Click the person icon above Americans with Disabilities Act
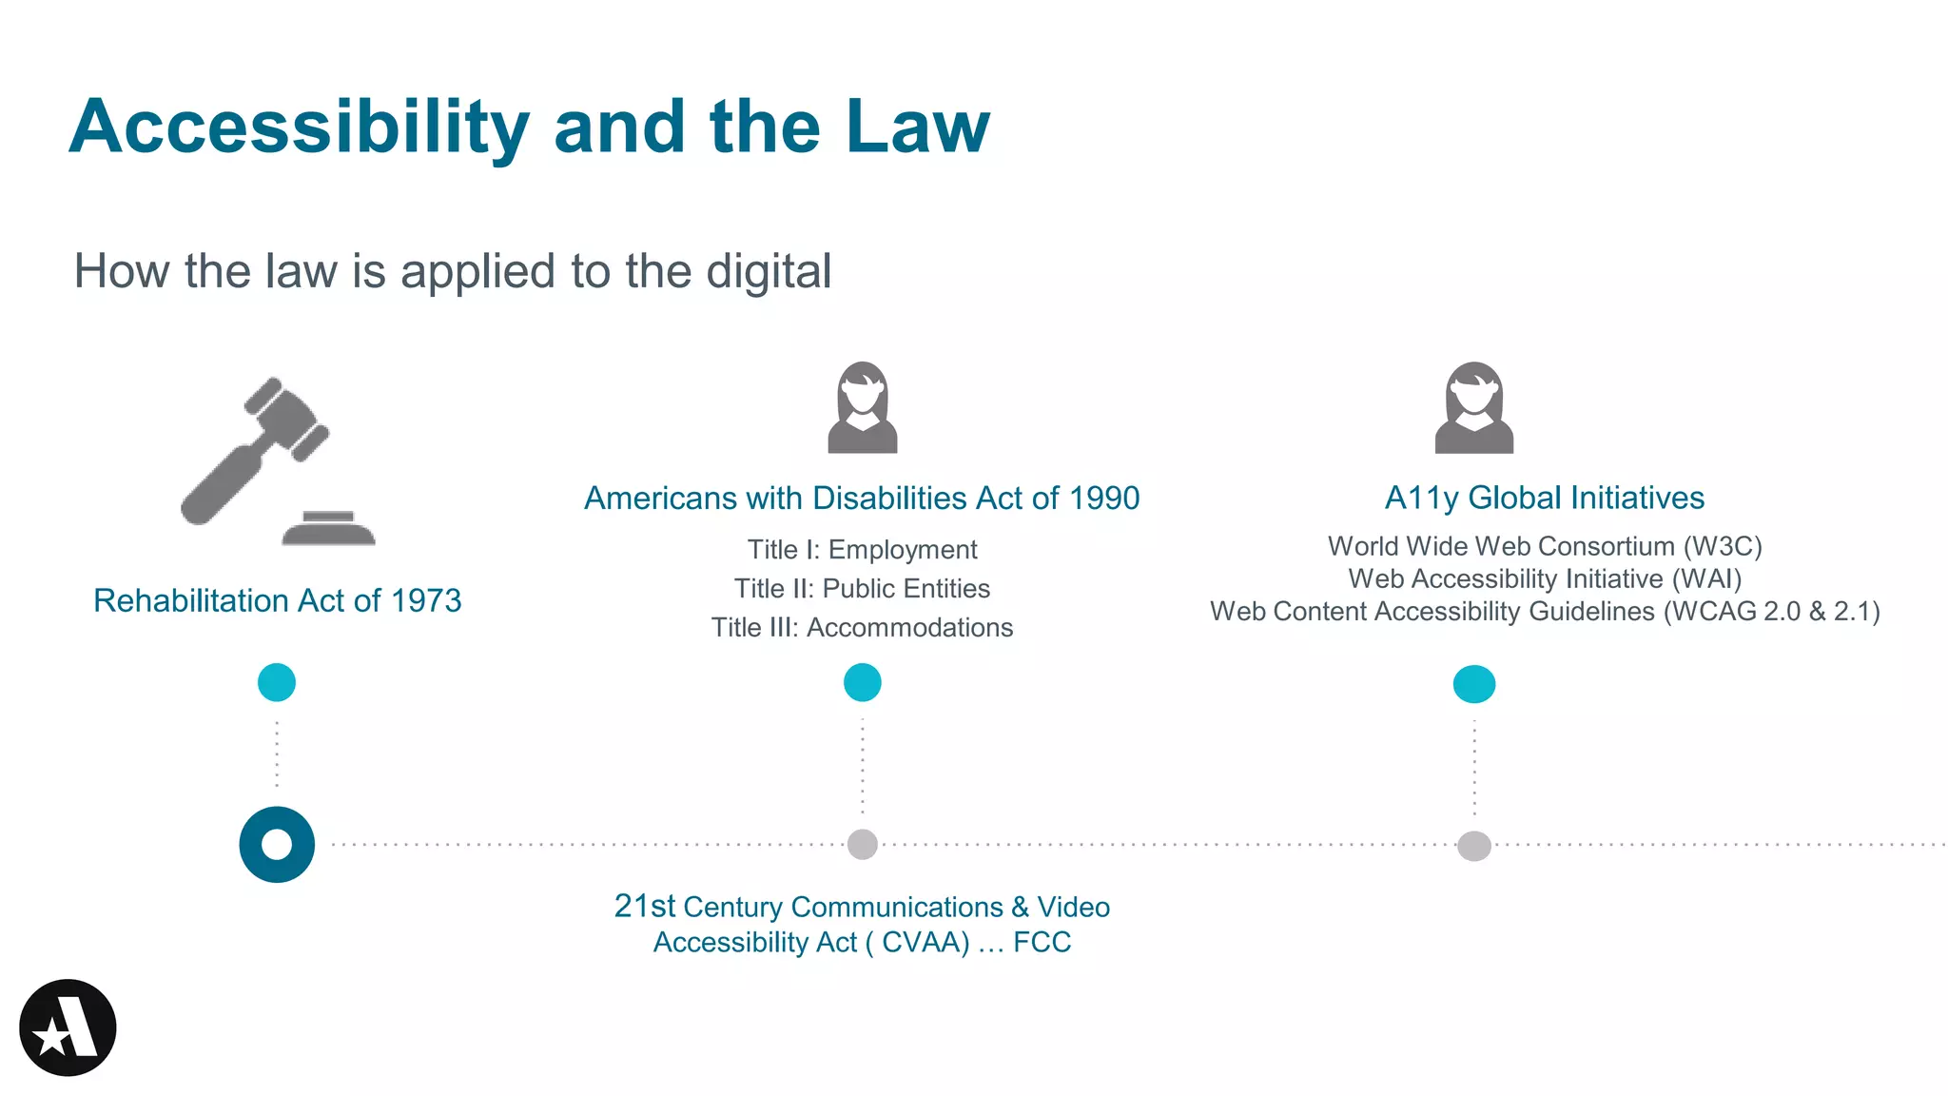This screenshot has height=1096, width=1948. coord(863,407)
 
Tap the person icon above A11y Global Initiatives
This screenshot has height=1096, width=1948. coord(1473,407)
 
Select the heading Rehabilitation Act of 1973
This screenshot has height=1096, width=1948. coord(277,600)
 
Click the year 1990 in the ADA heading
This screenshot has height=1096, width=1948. coord(1103,498)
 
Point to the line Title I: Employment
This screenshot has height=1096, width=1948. coord(862,550)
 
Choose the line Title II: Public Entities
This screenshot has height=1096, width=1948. coord(862,589)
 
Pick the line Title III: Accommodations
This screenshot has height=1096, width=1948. coord(862,628)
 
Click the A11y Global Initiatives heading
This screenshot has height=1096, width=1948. coord(1544,498)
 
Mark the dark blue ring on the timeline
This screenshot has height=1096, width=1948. coord(277,844)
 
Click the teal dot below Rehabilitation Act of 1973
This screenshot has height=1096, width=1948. coord(277,682)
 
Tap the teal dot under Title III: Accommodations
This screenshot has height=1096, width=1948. coord(863,682)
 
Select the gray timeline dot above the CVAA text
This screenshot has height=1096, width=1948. coord(863,844)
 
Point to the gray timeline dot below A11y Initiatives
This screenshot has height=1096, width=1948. coord(1474,845)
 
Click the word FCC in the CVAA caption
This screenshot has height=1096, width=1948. coord(1042,942)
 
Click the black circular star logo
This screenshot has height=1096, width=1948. coord(68,1027)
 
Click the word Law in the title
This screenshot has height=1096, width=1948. coord(918,127)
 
